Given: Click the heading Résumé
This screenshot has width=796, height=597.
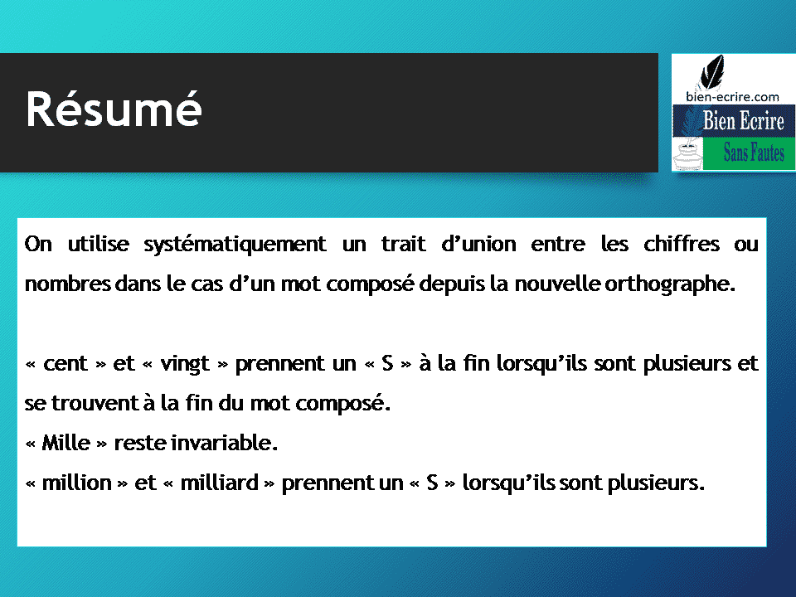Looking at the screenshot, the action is pyautogui.click(x=114, y=109).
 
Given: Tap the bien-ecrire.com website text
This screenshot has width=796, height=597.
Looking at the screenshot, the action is pyautogui.click(x=732, y=96).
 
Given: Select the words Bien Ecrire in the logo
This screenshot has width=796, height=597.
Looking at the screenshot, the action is pyautogui.click(x=743, y=120).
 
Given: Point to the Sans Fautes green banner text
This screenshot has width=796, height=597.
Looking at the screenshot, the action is pyautogui.click(x=754, y=153).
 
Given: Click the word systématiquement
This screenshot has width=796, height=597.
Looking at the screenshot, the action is pyautogui.click(x=235, y=245).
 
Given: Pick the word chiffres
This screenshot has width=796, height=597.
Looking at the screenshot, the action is pyautogui.click(x=682, y=244).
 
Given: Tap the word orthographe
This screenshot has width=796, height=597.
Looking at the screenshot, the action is pyautogui.click(x=670, y=284).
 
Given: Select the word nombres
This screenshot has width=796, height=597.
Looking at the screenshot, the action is pyautogui.click(x=67, y=284).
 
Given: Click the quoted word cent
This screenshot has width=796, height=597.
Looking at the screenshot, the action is pyautogui.click(x=66, y=363).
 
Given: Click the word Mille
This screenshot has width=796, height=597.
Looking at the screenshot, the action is pyautogui.click(x=66, y=443).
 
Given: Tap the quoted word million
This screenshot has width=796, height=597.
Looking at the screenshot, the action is pyautogui.click(x=76, y=483).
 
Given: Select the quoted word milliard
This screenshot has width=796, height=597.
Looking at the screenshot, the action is pyautogui.click(x=219, y=483).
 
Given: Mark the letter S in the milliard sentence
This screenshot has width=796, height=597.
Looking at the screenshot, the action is pyautogui.click(x=432, y=483).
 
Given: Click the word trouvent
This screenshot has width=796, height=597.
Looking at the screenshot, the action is pyautogui.click(x=95, y=403).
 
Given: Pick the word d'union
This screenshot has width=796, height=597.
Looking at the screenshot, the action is pyautogui.click(x=478, y=244).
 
